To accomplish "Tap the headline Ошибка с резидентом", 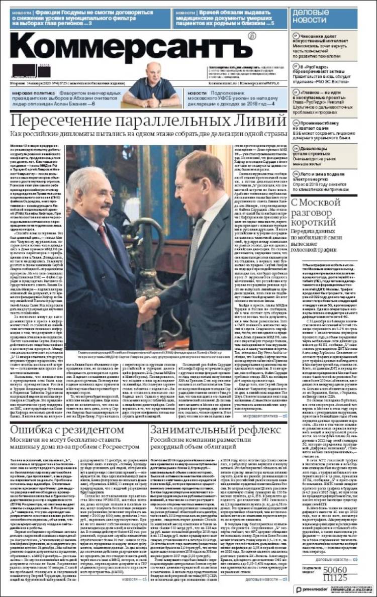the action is [67, 431].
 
